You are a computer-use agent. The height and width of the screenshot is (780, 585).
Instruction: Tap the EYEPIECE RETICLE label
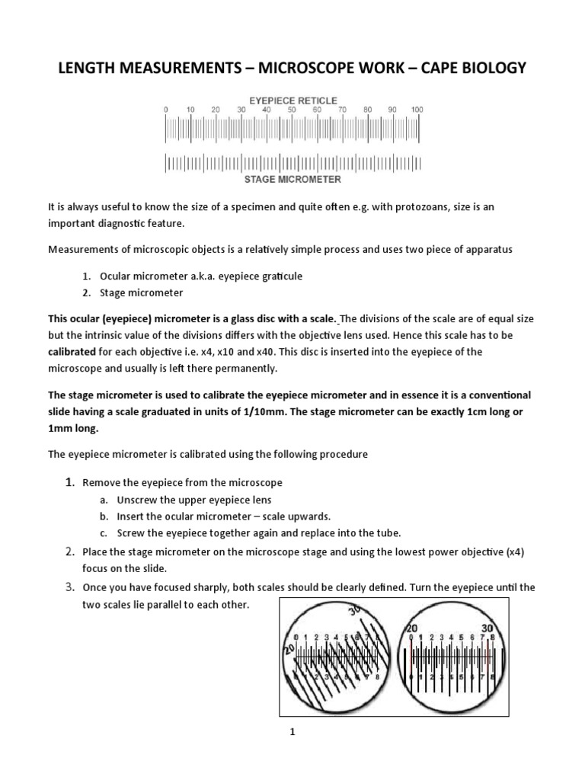point(292,100)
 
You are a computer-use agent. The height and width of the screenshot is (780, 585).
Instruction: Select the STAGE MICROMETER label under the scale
point(292,180)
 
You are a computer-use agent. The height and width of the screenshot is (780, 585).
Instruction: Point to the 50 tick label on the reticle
point(292,110)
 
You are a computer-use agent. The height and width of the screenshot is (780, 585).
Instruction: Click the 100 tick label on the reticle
point(417,110)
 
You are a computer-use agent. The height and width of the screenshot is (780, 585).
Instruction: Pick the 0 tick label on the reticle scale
point(166,110)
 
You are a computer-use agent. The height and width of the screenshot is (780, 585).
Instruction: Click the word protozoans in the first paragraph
point(420,207)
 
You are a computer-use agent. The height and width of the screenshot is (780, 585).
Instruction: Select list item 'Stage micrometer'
point(150,292)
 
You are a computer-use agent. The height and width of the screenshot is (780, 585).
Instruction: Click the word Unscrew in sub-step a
point(136,500)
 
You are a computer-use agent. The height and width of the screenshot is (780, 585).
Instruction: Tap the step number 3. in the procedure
point(69,587)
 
